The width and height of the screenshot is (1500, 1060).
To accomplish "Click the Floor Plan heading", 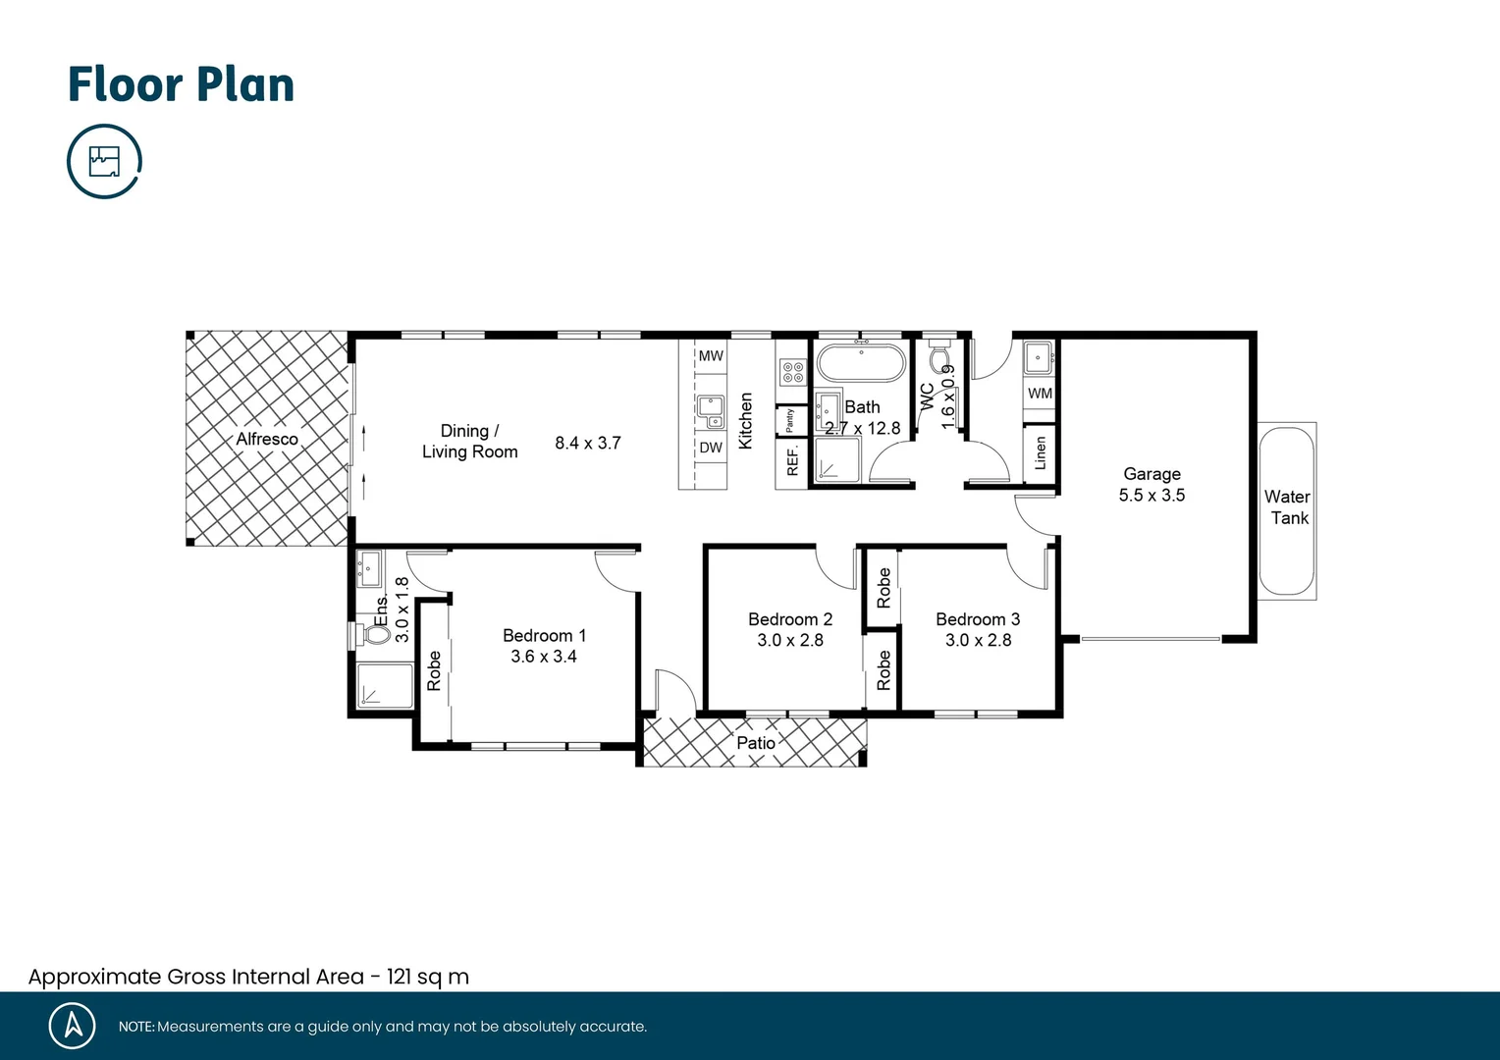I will (x=181, y=84).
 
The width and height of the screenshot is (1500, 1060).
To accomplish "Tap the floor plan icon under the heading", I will (x=104, y=161).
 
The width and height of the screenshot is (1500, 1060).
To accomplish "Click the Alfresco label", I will (x=266, y=439).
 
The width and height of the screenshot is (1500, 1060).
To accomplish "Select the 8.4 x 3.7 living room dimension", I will (x=587, y=443).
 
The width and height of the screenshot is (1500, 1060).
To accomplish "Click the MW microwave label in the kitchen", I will (x=711, y=355).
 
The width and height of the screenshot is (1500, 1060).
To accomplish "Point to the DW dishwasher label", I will (x=711, y=448).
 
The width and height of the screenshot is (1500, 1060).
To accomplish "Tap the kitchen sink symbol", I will (x=710, y=411).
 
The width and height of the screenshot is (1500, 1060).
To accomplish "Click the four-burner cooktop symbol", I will (x=792, y=372).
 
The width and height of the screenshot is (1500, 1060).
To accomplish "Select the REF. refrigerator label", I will (x=792, y=460).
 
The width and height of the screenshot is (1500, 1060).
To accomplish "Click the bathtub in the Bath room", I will (x=861, y=362).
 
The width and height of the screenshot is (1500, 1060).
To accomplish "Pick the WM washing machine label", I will (x=1040, y=394).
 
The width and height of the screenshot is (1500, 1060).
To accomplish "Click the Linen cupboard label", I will (x=1041, y=453).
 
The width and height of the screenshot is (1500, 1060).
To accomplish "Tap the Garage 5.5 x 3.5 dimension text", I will (x=1152, y=496).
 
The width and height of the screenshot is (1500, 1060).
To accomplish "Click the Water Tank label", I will (x=1287, y=507).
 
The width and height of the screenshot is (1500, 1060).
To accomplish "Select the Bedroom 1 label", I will (x=544, y=635).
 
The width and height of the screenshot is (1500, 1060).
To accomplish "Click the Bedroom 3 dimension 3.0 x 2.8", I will (x=978, y=640).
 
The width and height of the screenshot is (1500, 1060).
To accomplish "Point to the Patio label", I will (x=756, y=743).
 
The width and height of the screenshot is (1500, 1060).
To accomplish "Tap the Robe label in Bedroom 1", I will (x=434, y=670).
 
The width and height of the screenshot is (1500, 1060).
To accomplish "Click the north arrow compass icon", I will (x=73, y=1026).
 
